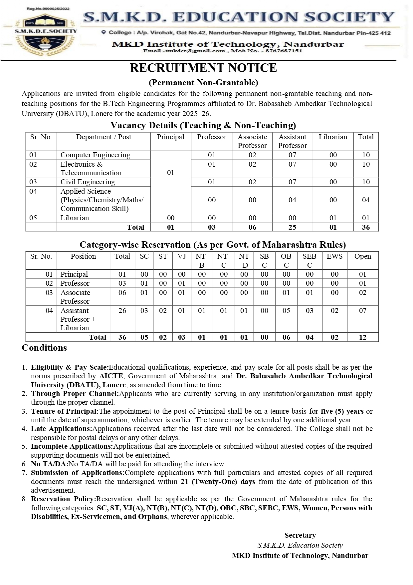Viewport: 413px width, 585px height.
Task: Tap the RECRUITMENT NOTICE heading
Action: point(203,68)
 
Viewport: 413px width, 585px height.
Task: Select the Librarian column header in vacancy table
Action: point(333,137)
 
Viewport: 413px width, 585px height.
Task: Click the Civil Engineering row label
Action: point(88,182)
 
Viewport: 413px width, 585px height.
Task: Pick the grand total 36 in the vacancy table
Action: point(366,227)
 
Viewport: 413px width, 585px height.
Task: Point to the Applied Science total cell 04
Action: point(366,200)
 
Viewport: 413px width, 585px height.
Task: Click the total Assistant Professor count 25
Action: point(292,227)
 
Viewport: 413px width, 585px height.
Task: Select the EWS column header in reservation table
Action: point(334,256)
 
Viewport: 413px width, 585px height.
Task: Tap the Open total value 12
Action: point(362,337)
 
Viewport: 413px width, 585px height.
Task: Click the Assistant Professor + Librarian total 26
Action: point(122,311)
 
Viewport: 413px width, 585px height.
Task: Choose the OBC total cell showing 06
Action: point(286,337)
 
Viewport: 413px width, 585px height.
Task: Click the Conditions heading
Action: point(44,348)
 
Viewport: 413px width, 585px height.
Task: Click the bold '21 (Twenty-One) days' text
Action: point(218,482)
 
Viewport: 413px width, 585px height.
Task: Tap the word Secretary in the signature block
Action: point(300,535)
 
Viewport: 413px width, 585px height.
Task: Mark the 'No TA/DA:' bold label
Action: point(50,464)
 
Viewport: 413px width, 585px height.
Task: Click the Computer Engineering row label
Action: point(95,155)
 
